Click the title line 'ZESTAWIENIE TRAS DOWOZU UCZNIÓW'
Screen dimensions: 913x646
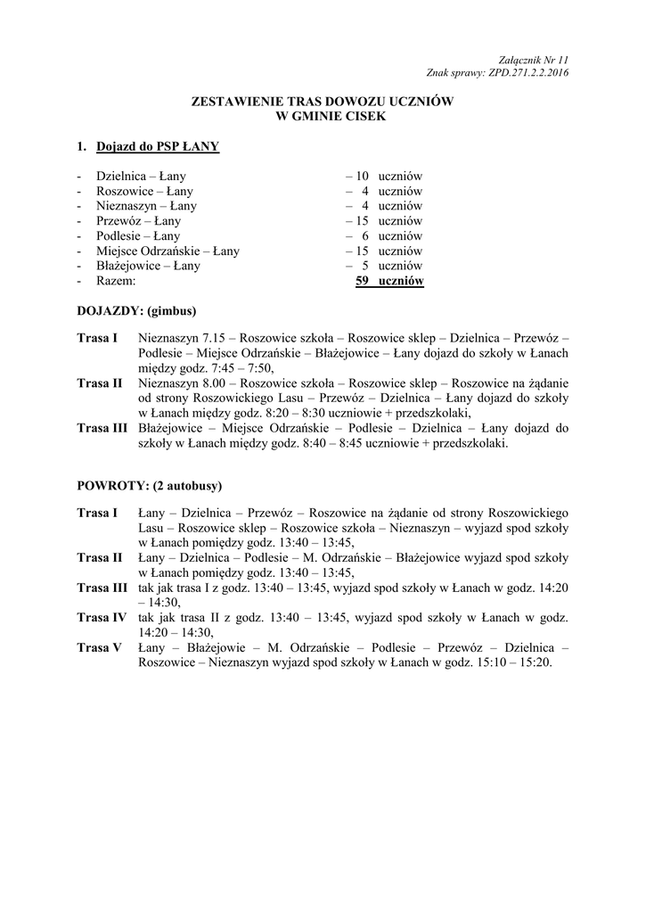point(323,103)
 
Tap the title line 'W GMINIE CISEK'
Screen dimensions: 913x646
point(323,116)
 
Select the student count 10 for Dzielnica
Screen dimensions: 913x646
point(362,177)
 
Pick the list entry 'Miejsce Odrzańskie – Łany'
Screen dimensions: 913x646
point(168,251)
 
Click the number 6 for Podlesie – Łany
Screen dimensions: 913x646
point(364,236)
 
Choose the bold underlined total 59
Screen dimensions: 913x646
point(362,282)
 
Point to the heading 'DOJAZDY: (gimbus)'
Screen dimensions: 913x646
point(136,311)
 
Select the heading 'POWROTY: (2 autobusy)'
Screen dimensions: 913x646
point(150,486)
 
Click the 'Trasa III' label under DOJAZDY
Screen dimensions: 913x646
point(102,428)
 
